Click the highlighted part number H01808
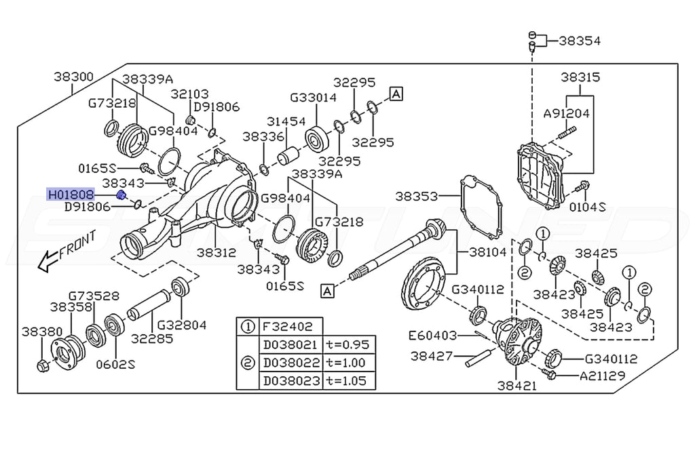(71, 195)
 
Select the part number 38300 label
(74, 78)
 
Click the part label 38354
(579, 41)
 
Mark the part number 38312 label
(217, 252)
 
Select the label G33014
(313, 98)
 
